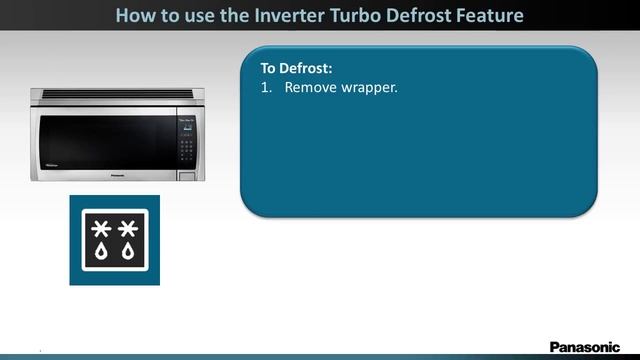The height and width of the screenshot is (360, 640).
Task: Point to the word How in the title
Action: tap(135, 15)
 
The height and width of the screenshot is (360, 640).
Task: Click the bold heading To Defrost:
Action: tap(296, 69)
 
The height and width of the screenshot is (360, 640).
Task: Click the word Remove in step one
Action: tap(310, 87)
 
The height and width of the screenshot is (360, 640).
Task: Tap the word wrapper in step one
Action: tap(369, 87)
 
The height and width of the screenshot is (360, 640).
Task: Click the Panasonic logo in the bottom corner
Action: tap(585, 346)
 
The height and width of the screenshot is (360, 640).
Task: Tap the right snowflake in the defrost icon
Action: tap(128, 229)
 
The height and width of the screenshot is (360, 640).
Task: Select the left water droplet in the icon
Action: tap(101, 253)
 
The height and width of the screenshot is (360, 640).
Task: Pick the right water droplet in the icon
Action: tap(128, 253)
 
